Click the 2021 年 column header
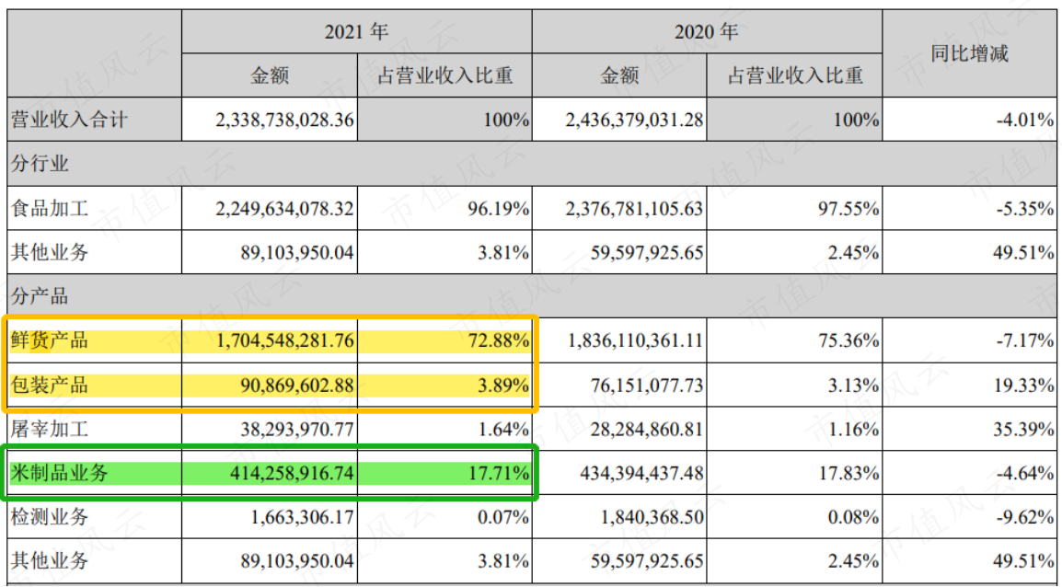356,32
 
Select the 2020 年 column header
707,32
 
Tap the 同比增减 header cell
969,53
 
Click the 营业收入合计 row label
69,120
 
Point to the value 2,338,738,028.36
284,121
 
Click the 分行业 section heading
40,164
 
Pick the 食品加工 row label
50,208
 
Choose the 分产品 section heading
40,296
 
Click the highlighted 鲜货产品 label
50,340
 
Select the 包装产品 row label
50,385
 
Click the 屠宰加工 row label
50,429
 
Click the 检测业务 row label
50,517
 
